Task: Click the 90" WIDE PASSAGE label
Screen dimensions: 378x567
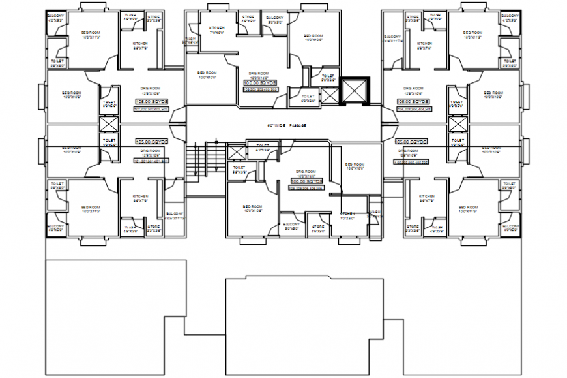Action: pos(286,125)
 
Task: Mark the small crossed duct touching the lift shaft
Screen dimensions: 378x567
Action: pos(330,96)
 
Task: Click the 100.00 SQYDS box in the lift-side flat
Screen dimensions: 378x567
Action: pos(260,84)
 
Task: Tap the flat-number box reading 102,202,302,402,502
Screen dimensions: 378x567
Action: pos(151,109)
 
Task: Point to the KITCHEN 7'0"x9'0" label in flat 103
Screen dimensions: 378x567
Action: pos(217,31)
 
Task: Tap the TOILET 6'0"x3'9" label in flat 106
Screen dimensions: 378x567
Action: pos(262,148)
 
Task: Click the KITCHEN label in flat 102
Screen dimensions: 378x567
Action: pos(141,46)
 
